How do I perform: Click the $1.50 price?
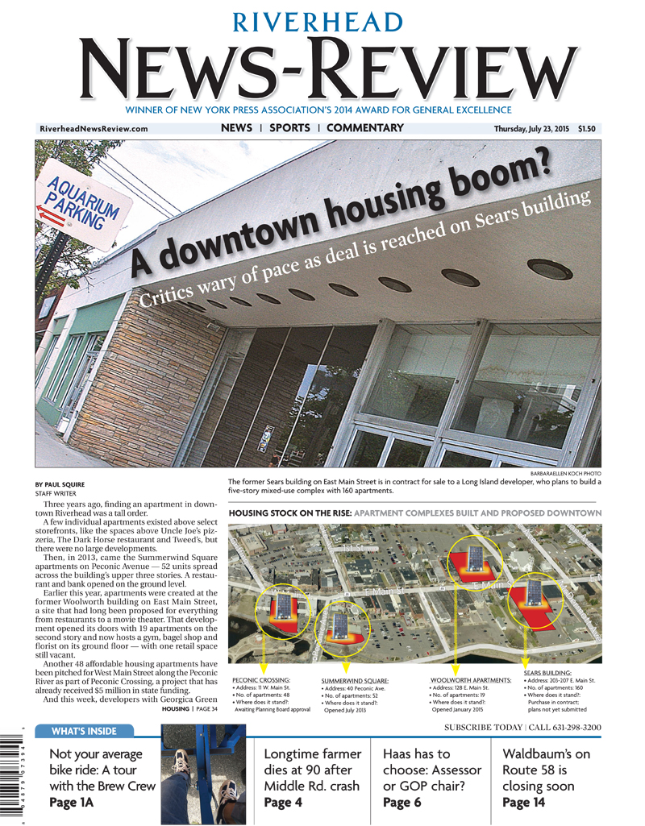pyautogui.click(x=590, y=129)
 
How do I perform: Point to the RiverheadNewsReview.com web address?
pyautogui.click(x=94, y=129)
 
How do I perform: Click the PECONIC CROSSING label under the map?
pyautogui.click(x=260, y=680)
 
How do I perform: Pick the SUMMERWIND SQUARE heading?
pyautogui.click(x=355, y=681)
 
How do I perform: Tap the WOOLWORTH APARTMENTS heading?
pyautogui.click(x=471, y=680)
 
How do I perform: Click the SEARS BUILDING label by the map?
pyautogui.click(x=547, y=672)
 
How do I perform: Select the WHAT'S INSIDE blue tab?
pyautogui.click(x=84, y=732)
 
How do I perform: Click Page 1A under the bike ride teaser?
pyautogui.click(x=72, y=803)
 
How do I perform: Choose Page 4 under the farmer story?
pyautogui.click(x=283, y=803)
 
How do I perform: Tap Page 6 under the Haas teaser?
pyautogui.click(x=402, y=803)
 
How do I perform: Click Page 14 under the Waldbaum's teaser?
pyautogui.click(x=523, y=803)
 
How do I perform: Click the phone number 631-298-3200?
pyautogui.click(x=572, y=728)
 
